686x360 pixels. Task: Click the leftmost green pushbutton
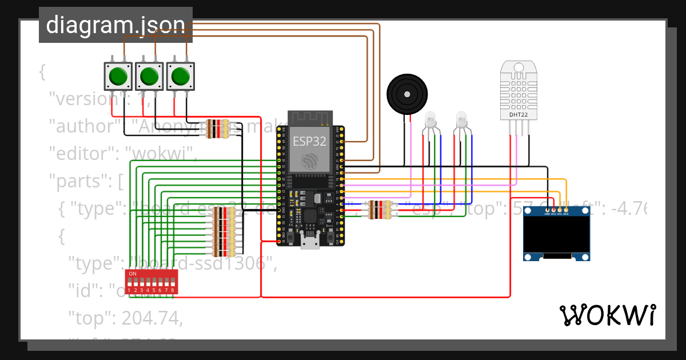pyautogui.click(x=118, y=76)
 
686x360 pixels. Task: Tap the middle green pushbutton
pyautogui.click(x=149, y=76)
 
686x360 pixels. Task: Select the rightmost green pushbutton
pyautogui.click(x=181, y=76)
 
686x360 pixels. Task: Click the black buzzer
pyautogui.click(x=407, y=94)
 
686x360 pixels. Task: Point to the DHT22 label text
pyautogui.click(x=518, y=115)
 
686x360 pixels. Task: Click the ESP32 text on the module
pyautogui.click(x=309, y=141)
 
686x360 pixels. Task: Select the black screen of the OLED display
pyautogui.click(x=557, y=235)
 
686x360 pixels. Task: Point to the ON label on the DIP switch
pyautogui.click(x=133, y=274)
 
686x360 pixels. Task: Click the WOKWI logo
pyautogui.click(x=607, y=315)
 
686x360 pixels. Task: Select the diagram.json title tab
pyautogui.click(x=115, y=25)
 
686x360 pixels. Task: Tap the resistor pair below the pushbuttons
pyautogui.click(x=217, y=129)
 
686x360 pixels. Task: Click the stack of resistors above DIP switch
pyautogui.click(x=224, y=231)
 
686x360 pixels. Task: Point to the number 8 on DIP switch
pyautogui.click(x=172, y=290)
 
